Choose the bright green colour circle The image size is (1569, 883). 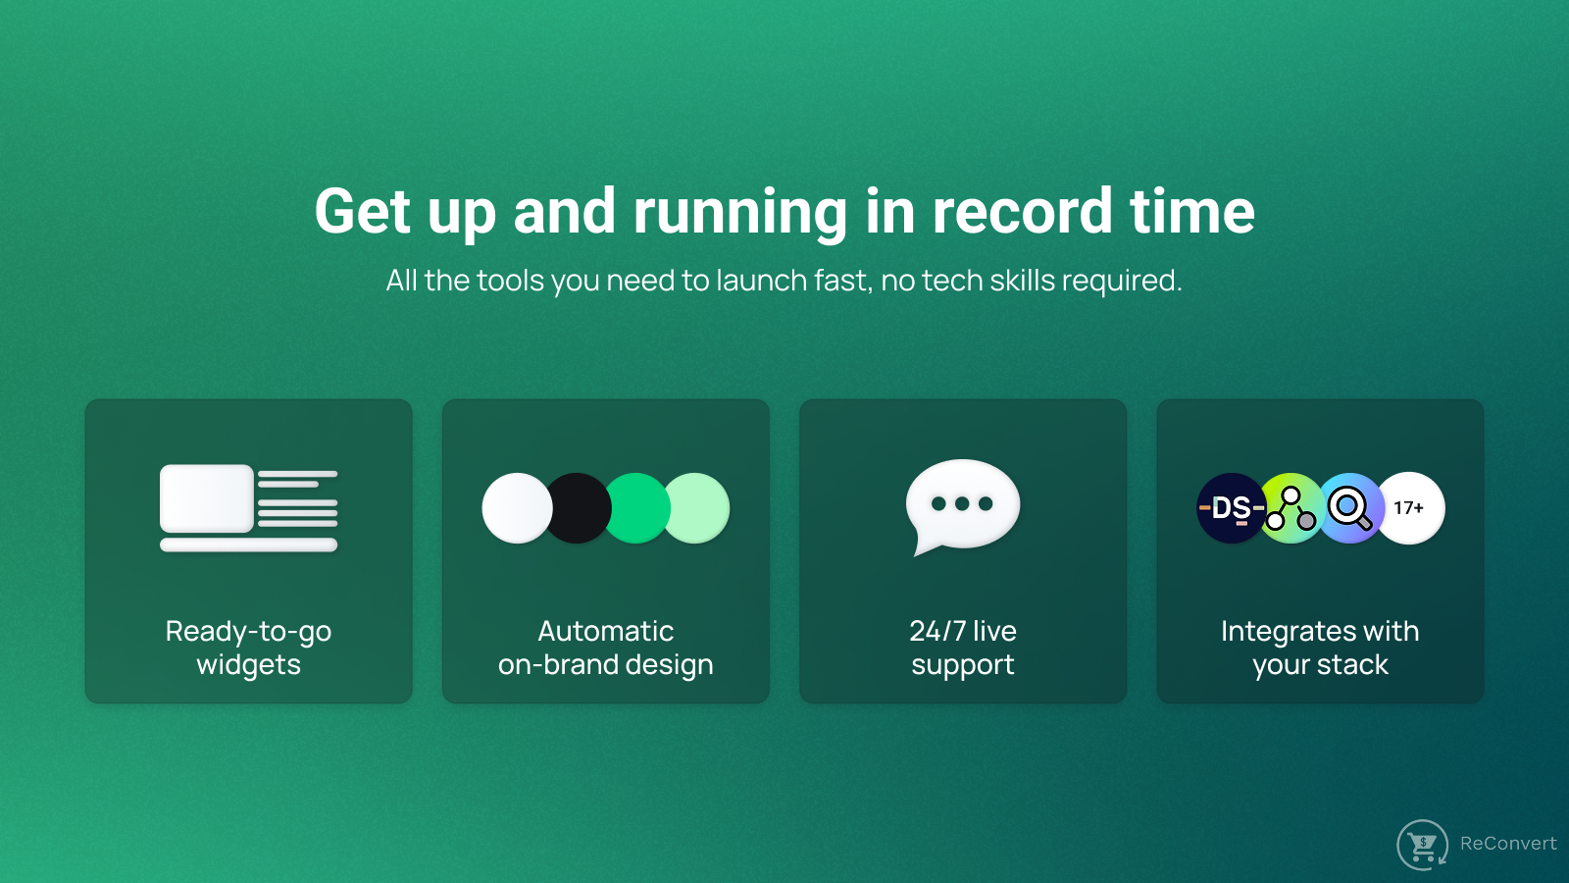636,508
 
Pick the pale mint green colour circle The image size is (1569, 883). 697,508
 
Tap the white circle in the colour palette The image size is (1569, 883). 516,508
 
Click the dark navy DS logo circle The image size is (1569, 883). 1231,508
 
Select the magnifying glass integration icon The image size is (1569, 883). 1350,508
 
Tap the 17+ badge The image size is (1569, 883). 1409,508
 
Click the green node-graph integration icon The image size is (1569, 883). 1291,508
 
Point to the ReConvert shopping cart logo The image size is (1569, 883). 1422,845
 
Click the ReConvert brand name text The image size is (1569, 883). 1508,843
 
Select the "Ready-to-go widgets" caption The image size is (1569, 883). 249,648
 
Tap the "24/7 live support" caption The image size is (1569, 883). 963,648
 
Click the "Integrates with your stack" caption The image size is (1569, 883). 1320,648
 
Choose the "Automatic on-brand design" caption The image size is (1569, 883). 606,648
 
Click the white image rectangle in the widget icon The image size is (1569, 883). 207,498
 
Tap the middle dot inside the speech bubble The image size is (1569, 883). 962,503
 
